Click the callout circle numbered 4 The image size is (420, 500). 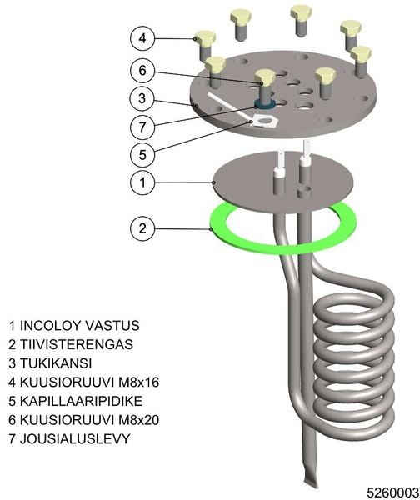142,38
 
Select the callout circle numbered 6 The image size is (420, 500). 142,71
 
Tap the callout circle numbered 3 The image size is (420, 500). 142,98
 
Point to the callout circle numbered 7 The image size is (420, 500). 142,127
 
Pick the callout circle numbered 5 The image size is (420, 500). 142,155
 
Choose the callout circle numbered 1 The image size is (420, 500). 142,182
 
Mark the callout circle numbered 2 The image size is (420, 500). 142,228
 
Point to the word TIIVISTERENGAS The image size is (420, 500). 77,344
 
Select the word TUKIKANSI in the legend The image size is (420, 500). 56,363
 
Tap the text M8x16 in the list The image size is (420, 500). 138,382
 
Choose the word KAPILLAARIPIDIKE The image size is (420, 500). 81,401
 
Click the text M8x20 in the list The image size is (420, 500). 138,420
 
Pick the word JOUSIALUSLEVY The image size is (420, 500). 75,439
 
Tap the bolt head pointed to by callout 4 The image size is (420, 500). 205,38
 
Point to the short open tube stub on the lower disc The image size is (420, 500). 303,192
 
